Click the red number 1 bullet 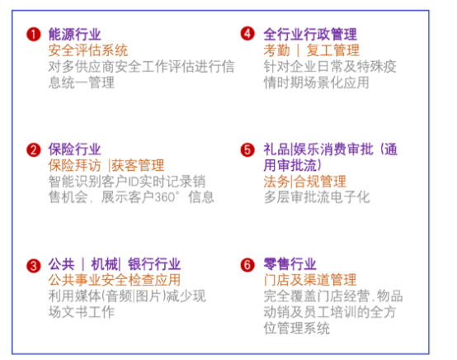[34, 35]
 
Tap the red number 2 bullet [34, 150]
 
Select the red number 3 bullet [34, 266]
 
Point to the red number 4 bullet [247, 33]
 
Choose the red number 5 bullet [247, 150]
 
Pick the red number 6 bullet [247, 265]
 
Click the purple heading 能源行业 [74, 34]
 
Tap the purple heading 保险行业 [74, 149]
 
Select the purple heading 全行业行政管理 [310, 34]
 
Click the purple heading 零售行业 [290, 264]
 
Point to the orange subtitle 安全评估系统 [88, 50]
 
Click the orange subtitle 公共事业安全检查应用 [115, 280]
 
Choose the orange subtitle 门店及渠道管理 [310, 280]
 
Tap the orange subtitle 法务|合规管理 [305, 182]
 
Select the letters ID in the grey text [133, 182]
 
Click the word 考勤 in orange [276, 50]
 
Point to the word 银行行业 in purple [154, 264]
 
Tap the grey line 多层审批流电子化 [317, 197]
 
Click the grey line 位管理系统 [297, 328]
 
